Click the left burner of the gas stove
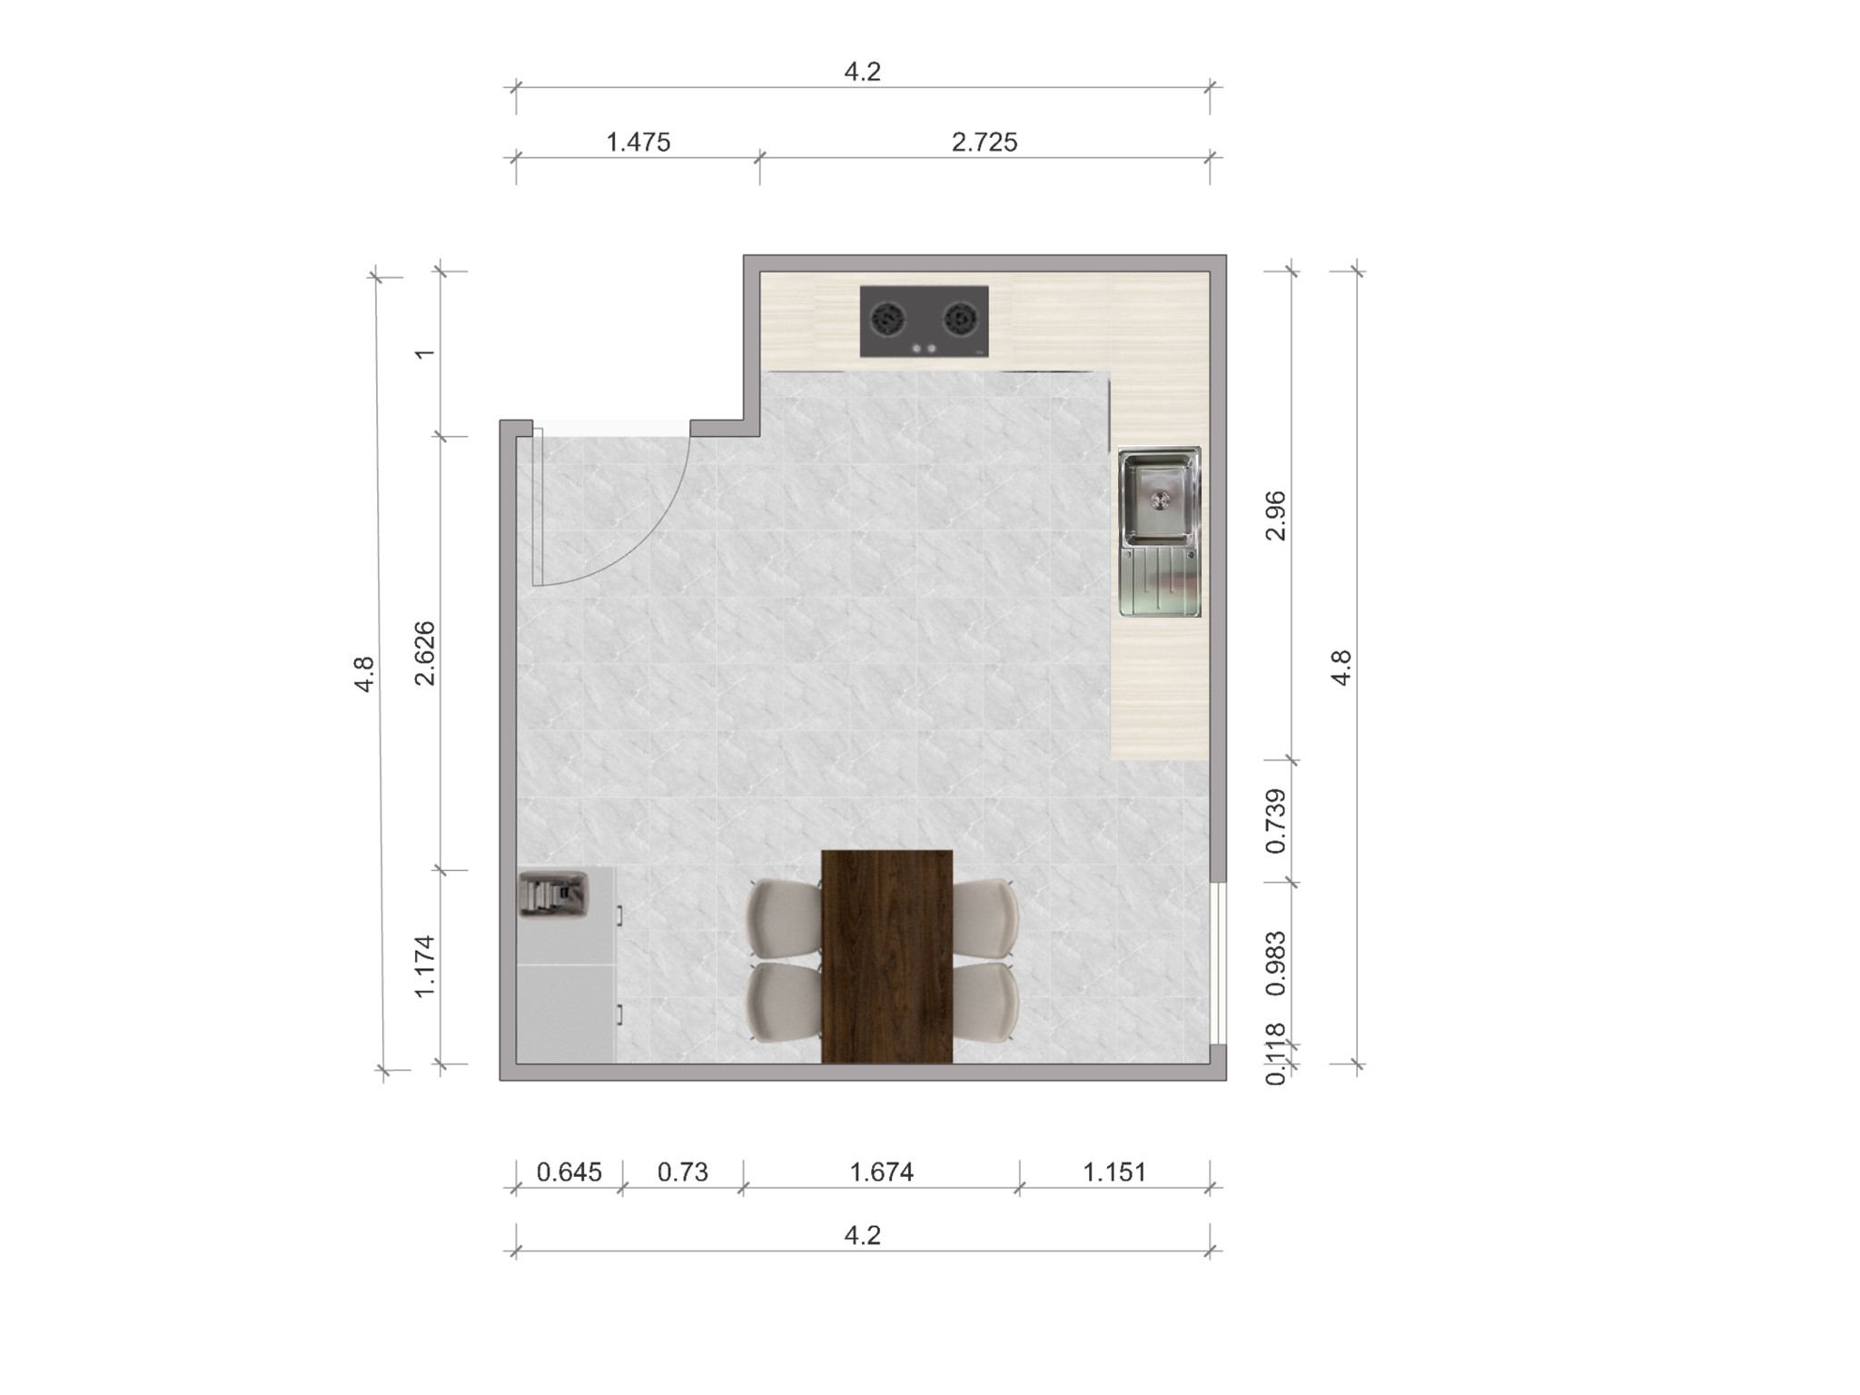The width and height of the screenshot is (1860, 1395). coord(887,319)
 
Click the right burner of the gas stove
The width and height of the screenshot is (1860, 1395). coord(960,319)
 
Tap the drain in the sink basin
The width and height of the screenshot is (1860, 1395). coord(1161,499)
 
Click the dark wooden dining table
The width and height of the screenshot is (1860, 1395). coord(886,955)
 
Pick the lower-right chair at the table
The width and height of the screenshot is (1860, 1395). coord(986,1002)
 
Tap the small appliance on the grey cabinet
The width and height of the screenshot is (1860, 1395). coord(553,894)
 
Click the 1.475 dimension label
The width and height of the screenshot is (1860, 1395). coord(638,143)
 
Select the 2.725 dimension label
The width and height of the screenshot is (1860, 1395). coord(984,143)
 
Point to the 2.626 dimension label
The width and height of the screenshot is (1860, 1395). coord(424,653)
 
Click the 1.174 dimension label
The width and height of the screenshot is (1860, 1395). coord(424,966)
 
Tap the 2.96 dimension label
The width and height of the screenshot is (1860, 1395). coord(1276,515)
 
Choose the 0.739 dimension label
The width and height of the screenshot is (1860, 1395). coord(1276,821)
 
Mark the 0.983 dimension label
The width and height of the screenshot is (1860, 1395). coord(1276,963)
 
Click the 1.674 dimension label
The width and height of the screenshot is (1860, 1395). coord(881,1172)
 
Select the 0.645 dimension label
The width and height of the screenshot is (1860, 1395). coord(569,1172)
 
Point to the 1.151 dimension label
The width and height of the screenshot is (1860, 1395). coord(1114,1172)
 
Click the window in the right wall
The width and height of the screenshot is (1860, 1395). coord(1220,963)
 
